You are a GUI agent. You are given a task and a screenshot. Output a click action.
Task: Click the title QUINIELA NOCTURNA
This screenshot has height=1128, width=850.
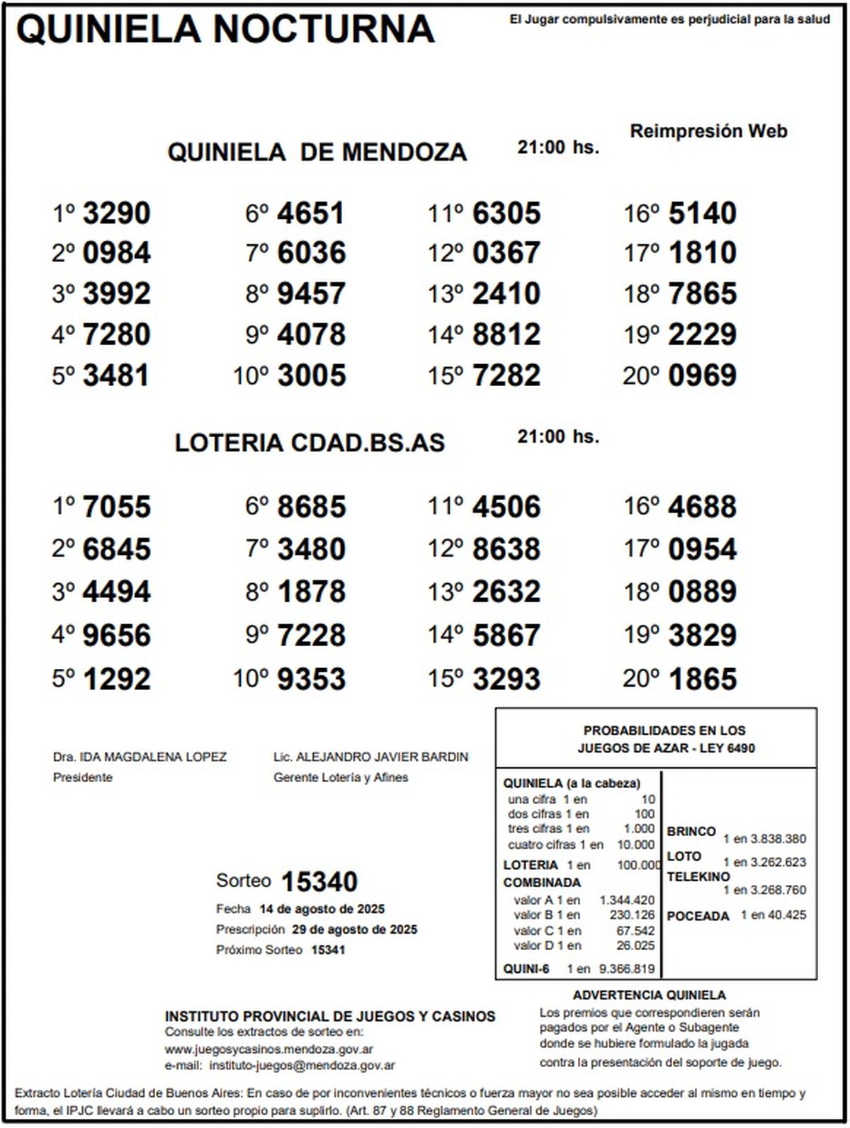225,30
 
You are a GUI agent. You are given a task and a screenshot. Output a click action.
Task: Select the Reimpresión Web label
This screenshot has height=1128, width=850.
708,131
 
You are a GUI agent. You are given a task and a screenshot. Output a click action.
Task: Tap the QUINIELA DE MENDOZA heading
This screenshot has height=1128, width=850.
317,152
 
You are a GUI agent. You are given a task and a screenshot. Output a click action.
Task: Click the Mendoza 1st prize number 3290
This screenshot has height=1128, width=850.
117,213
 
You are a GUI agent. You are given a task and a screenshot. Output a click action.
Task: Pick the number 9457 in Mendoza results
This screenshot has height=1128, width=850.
311,294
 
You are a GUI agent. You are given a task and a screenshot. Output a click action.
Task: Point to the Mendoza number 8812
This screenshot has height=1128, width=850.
506,334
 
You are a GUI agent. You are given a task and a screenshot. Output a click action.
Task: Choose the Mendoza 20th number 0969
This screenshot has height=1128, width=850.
702,376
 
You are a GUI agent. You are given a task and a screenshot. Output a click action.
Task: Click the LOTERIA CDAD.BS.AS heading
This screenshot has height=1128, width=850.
310,443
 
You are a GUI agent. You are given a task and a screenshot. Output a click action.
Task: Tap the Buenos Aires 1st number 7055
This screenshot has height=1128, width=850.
117,507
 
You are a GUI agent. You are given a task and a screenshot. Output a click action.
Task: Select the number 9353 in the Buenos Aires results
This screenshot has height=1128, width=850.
311,679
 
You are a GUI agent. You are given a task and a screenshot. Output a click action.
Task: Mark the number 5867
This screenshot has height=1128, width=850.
506,636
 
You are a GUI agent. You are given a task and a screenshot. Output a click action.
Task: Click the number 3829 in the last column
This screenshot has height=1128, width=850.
702,636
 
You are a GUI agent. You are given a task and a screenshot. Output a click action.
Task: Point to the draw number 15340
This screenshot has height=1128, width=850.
319,882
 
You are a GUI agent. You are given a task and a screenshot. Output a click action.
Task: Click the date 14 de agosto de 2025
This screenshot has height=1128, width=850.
322,909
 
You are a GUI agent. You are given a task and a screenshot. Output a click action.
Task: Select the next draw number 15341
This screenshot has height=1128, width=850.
329,949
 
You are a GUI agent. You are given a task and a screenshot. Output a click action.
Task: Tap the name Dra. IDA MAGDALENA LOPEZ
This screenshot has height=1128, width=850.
140,757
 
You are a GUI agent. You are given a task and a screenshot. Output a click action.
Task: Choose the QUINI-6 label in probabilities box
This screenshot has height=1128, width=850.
526,969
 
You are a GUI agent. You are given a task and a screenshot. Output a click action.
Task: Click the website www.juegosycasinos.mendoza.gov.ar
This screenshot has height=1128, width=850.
269,1049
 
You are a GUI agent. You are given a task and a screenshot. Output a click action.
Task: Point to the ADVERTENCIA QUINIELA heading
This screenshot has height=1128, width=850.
650,995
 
